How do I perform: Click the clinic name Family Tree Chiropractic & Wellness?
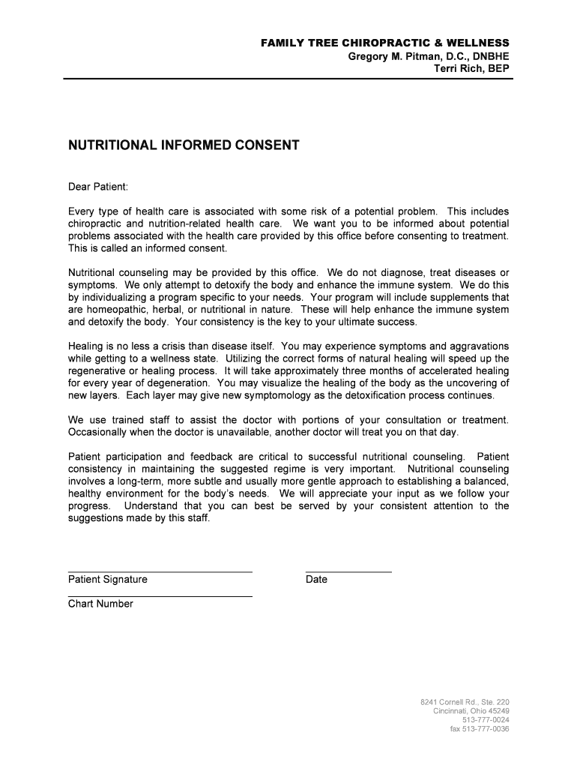click(384, 43)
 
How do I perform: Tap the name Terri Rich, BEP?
click(472, 69)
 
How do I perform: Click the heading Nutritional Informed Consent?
click(184, 145)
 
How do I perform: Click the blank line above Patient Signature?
click(160, 572)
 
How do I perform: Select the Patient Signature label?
click(108, 580)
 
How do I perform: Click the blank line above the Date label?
click(348, 572)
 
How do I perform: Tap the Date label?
click(316, 580)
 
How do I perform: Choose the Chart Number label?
click(100, 604)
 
